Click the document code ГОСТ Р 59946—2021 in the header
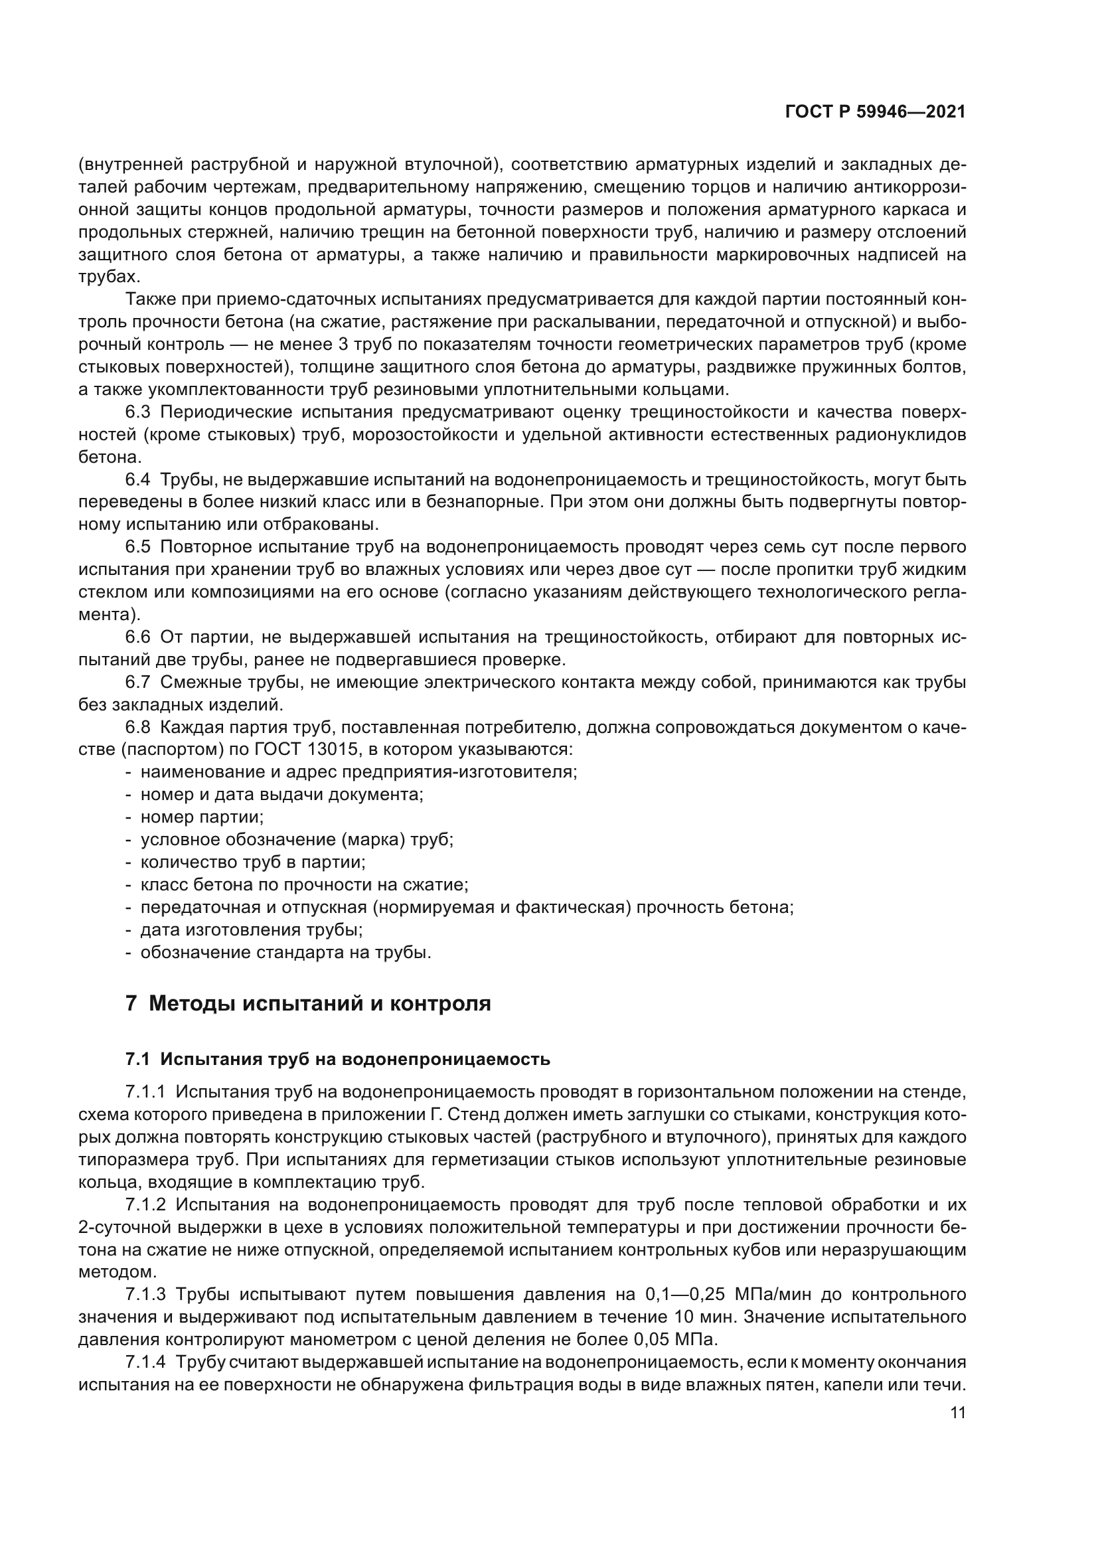coord(875,112)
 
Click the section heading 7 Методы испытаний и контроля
coord(307,1003)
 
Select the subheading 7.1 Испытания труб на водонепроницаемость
coord(337,1059)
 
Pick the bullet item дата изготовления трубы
coord(251,930)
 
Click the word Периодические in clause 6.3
coord(225,412)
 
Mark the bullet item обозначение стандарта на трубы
coord(285,952)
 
